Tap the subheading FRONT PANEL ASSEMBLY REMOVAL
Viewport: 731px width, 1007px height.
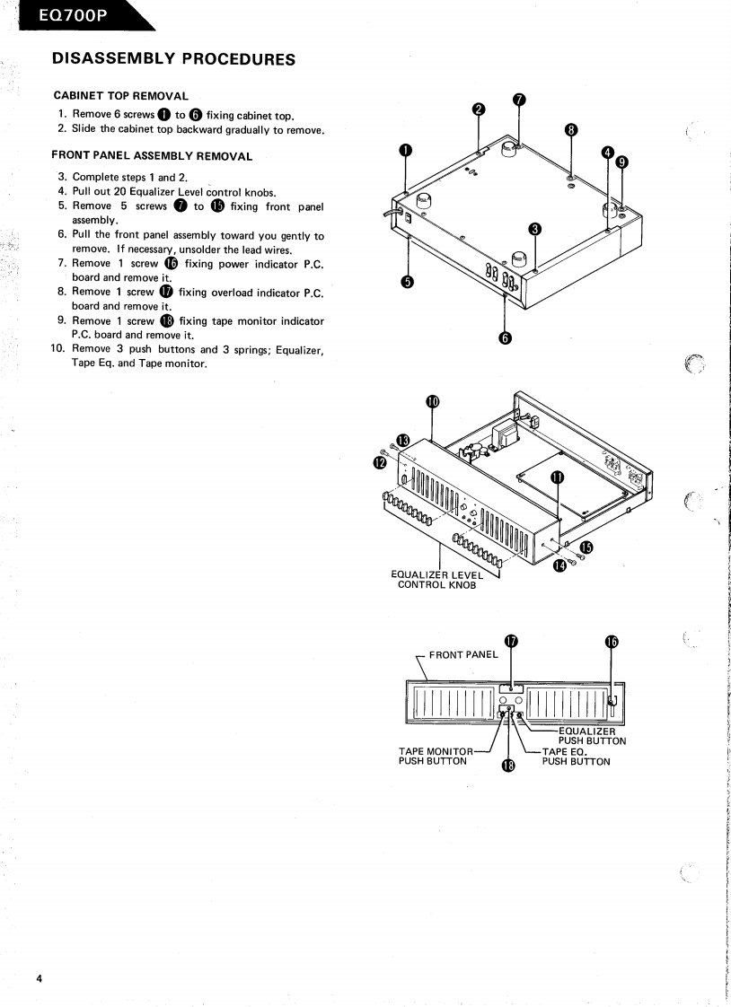[152, 155]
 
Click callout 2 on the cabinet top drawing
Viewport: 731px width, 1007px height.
[479, 109]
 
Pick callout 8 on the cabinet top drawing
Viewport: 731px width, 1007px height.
[570, 129]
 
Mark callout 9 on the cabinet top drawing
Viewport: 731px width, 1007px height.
[622, 162]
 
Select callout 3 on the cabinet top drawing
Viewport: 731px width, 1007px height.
[535, 228]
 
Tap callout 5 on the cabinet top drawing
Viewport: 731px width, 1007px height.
[407, 282]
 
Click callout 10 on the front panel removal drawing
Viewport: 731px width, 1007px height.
[433, 401]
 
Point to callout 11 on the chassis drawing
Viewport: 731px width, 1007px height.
[556, 477]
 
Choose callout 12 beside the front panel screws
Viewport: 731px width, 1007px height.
[378, 461]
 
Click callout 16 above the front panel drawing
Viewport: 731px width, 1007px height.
[612, 641]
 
